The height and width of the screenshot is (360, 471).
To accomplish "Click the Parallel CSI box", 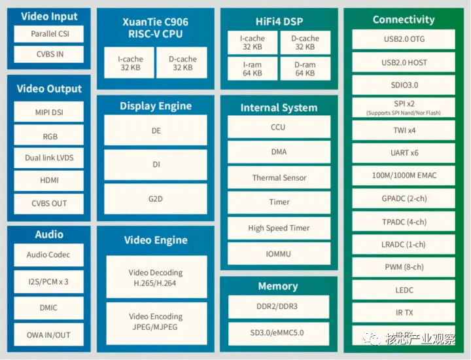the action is coord(48,33).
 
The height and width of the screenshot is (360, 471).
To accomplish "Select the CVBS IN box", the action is coord(48,54).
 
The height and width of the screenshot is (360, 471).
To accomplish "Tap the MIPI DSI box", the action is coord(48,112).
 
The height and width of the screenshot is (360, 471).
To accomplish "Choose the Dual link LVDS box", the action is coord(48,158).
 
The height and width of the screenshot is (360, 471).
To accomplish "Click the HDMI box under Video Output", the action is coord(48,180).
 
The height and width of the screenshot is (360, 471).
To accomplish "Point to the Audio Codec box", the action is coord(48,255).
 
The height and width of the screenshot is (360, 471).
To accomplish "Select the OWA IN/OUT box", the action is coord(48,334).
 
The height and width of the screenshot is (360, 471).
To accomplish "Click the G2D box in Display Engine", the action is coord(156,198).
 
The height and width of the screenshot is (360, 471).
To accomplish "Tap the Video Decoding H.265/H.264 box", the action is coord(156,277).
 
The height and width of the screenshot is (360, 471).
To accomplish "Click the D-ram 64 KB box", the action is coord(305,69).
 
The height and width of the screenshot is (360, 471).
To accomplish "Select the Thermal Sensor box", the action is coord(279,177).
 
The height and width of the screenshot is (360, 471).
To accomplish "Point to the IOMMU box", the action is coord(279,253).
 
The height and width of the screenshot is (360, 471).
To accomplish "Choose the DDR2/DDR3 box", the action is coord(279,306).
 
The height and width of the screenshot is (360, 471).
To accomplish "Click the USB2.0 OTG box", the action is coord(404,39).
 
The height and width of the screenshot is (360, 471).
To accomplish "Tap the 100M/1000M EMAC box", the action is coord(404,175).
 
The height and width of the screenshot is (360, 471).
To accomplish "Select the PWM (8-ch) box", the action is coord(404,267).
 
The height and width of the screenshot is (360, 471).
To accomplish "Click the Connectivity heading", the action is coord(404,20).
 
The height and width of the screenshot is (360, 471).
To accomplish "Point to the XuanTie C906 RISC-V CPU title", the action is coord(155,27).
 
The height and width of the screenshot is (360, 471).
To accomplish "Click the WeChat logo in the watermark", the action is coord(372,338).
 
